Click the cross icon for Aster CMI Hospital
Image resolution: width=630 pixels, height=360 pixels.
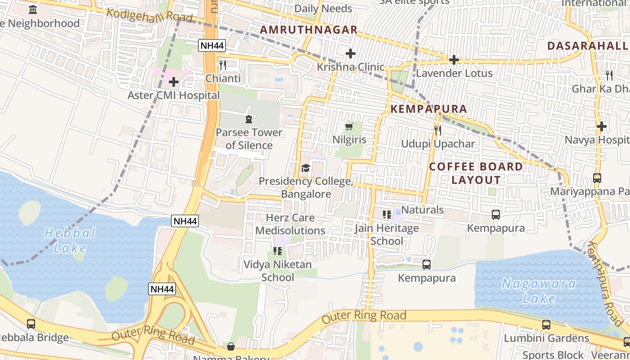174,82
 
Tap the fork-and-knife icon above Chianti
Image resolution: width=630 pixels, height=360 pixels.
222,65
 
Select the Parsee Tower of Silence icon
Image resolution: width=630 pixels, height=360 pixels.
248,119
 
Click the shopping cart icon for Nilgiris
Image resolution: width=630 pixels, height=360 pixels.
349,127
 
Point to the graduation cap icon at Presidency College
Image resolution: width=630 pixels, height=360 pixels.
306,168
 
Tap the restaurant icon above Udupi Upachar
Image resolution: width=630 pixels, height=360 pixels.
437,130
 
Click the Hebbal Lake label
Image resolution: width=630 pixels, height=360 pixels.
70,240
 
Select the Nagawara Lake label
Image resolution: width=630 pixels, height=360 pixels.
539,291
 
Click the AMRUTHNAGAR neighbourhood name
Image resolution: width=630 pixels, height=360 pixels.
309,30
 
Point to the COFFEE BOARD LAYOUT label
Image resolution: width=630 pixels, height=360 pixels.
476,173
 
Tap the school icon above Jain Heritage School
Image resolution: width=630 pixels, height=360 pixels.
387,215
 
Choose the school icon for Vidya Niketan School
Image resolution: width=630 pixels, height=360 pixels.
278,251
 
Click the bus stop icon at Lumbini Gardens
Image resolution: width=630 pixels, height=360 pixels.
546,324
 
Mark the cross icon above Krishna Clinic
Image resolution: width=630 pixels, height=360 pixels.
350,54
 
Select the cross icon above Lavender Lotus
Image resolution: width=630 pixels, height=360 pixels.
454,60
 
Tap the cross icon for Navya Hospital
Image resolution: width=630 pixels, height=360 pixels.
601,127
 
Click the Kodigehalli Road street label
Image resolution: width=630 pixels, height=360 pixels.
149,16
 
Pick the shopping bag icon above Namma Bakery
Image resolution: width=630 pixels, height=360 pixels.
230,346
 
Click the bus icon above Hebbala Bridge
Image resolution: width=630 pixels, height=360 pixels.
31,324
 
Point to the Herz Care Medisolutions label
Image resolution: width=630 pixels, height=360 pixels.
290,224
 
